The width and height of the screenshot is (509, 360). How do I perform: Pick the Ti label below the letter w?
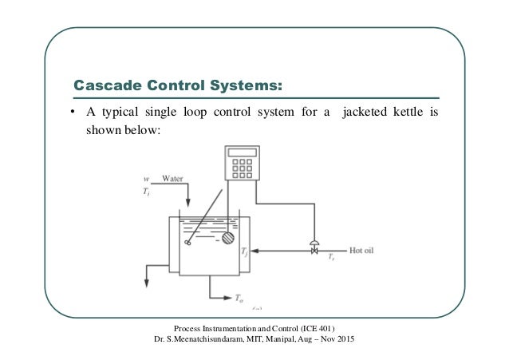146,191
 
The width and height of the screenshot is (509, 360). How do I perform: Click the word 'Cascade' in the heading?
105,84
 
